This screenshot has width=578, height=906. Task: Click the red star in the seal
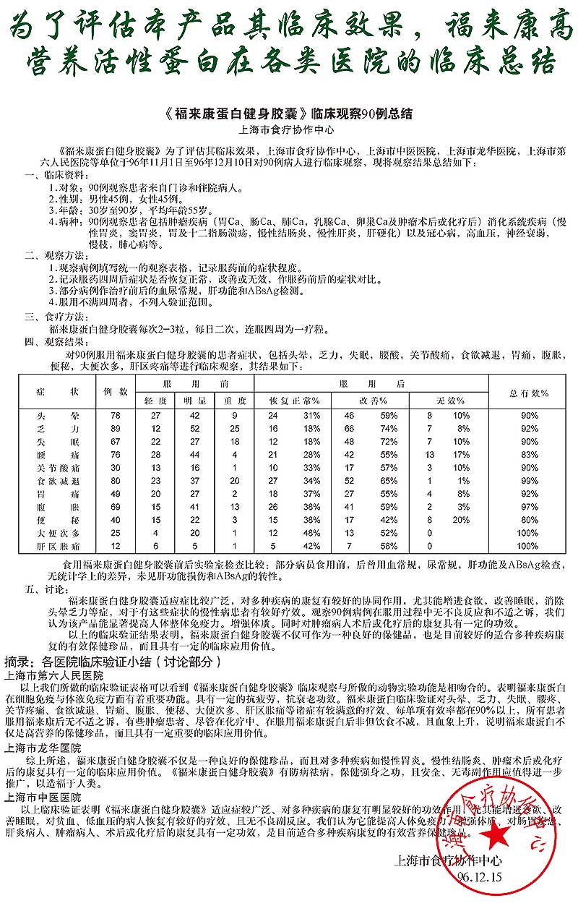pos(496,837)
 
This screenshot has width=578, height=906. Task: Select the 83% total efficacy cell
pos(529,455)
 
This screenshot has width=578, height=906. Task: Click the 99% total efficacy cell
pos(529,481)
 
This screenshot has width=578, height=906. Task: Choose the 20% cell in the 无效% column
pos(461,520)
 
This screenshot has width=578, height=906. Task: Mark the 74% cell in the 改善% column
pos(389,429)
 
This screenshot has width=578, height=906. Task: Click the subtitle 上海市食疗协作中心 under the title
pos(288,131)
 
